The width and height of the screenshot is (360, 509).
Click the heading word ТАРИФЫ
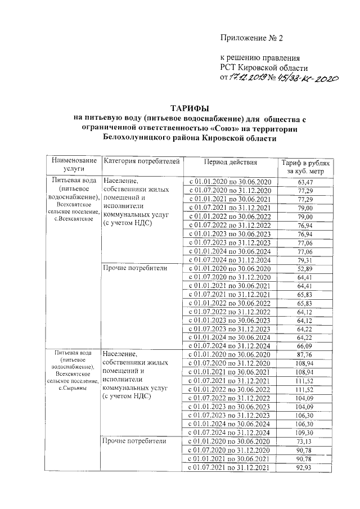(x=191, y=108)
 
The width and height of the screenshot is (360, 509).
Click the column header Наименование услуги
(x=73, y=164)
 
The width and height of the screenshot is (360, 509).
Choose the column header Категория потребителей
(x=142, y=161)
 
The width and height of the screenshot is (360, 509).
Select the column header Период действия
(x=230, y=162)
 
